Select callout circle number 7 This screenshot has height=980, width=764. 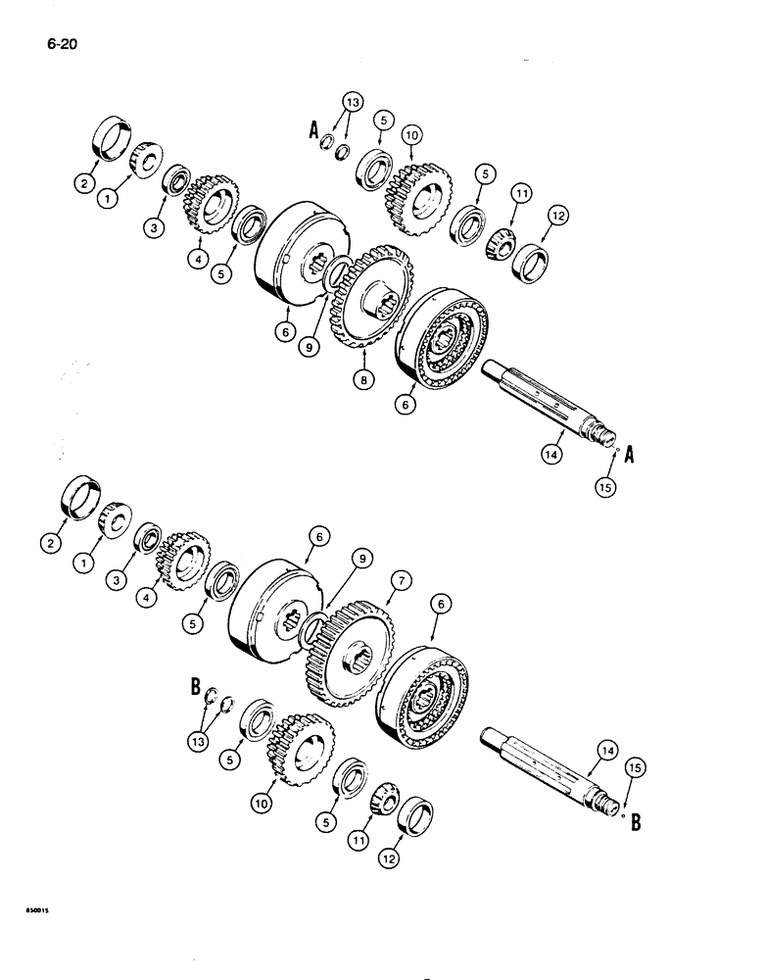coord(400,582)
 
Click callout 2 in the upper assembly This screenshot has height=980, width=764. coord(84,181)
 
